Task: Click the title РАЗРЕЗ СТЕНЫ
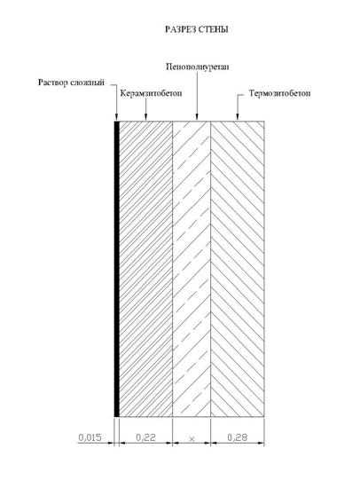(x=196, y=29)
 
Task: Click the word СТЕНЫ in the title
(x=214, y=29)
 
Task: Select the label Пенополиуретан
(x=197, y=67)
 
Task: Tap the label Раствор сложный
(x=71, y=83)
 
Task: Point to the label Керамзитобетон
(x=151, y=93)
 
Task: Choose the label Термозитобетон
(x=279, y=93)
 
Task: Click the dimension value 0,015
(x=90, y=437)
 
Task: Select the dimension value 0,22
(x=145, y=437)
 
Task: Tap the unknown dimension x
(x=192, y=439)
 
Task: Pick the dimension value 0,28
(x=238, y=437)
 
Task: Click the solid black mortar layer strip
(x=116, y=269)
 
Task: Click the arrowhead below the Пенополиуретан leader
(x=197, y=117)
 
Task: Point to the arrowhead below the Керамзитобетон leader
(x=145, y=117)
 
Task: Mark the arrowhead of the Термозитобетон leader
(x=237, y=117)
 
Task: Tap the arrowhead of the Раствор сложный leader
(x=116, y=117)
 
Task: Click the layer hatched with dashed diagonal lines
(x=192, y=269)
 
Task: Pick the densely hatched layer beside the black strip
(x=145, y=269)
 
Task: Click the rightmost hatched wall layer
(x=238, y=269)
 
